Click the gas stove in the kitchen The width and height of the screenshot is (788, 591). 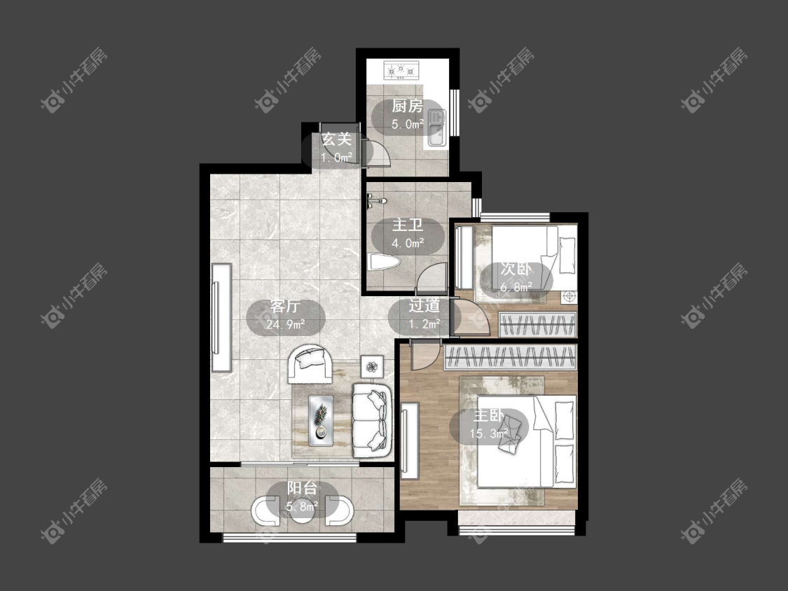pos(401,70)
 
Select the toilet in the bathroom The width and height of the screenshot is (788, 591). pos(383,262)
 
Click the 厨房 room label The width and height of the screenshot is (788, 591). pos(407,106)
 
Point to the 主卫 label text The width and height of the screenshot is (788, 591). pos(408,225)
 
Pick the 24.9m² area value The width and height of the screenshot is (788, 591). pos(286,324)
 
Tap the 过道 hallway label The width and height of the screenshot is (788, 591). pos(424,305)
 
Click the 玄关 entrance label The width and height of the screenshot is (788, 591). pos(336,139)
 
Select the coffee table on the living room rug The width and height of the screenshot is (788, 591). pos(321,420)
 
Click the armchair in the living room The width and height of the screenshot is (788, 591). pos(310,364)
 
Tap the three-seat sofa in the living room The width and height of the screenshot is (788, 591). pos(372,421)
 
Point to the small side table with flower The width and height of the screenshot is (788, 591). pos(372,367)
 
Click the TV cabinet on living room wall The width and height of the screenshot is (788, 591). pos(221,318)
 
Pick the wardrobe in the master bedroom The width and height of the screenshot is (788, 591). pos(510,357)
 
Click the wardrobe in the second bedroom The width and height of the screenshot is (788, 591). pos(537,324)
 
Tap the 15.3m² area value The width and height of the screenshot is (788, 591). pos(488,433)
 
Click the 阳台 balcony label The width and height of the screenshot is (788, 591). pos(302,487)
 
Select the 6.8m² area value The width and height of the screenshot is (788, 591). pos(516,288)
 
